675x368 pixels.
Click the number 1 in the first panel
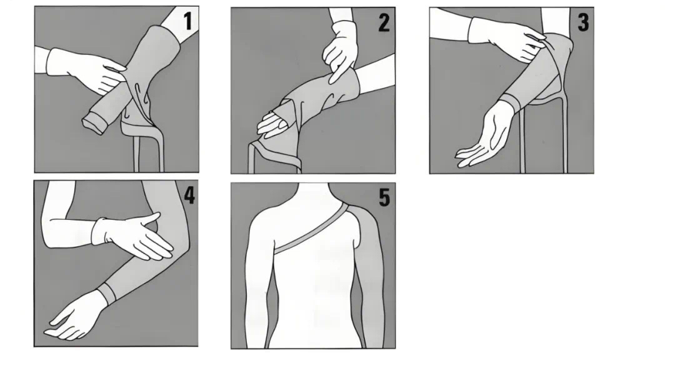click(187, 21)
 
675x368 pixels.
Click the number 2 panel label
click(384, 23)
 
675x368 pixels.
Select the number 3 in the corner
click(583, 22)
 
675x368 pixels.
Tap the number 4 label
click(189, 195)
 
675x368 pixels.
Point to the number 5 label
click(384, 197)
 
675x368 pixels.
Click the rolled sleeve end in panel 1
click(95, 122)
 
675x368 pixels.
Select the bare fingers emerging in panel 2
click(272, 125)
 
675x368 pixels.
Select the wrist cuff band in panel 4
click(109, 292)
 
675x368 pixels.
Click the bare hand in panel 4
click(77, 316)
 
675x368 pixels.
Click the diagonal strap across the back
click(311, 229)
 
